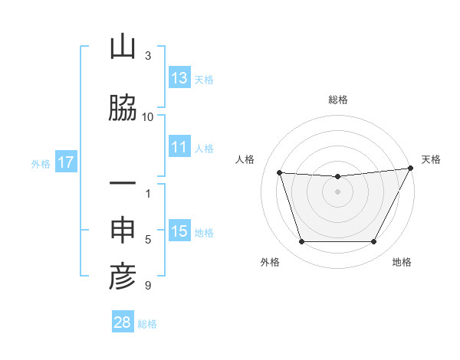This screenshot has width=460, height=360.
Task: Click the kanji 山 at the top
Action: pos(123,48)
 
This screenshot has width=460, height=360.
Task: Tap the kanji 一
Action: pos(123,186)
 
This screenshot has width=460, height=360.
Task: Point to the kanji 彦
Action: pos(123,278)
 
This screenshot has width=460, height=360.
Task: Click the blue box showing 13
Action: pos(179,78)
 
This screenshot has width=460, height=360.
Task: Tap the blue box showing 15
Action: pos(179,231)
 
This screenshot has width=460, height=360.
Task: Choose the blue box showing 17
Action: pos(66,162)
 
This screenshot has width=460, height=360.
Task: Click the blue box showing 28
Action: pos(123,322)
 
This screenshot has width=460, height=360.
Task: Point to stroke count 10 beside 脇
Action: pos(148,116)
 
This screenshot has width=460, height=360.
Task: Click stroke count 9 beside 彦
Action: pos(148,286)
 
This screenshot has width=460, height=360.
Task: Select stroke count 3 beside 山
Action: pos(148,56)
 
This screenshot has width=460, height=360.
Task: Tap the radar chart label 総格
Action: pos(338,100)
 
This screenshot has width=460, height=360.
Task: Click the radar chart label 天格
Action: pos(431,159)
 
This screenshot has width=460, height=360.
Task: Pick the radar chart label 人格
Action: pos(245,159)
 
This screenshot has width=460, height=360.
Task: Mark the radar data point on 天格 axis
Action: pos(411,168)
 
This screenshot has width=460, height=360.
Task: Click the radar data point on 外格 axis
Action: pos(301,242)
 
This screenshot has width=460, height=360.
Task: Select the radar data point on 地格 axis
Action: pos(374,242)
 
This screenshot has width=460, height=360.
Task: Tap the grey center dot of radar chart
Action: pos(337,191)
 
